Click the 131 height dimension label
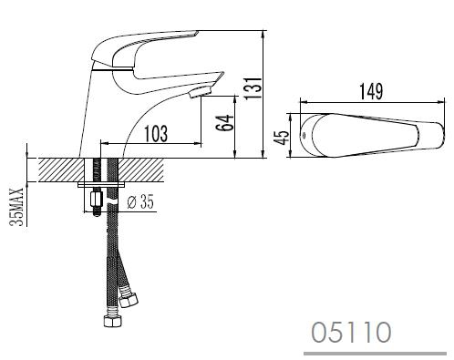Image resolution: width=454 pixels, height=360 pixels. tap(253, 88)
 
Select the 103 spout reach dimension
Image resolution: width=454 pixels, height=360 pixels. tap(156, 134)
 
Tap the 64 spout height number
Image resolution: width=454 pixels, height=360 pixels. tap(225, 123)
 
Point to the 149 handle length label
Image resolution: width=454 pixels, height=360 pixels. tap(371, 91)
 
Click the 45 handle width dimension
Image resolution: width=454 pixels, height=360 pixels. tap(281, 138)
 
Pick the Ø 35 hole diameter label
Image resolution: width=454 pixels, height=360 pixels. tap(140, 201)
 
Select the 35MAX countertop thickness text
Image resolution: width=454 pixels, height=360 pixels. tap(16, 207)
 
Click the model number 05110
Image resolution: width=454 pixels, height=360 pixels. tap(351, 333)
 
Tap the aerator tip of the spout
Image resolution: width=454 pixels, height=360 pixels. tap(201, 92)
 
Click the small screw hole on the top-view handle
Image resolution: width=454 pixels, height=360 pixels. tap(303, 135)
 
